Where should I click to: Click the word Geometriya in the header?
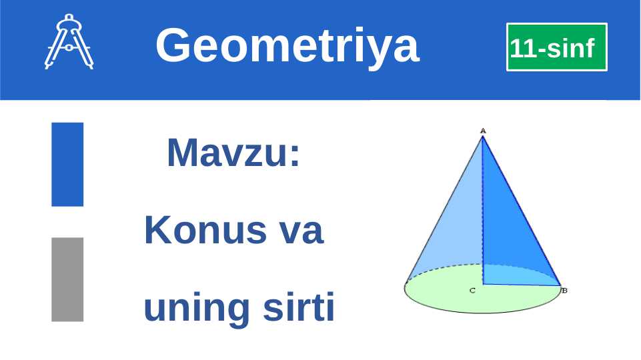coord(287,45)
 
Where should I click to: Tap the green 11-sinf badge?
coord(556,47)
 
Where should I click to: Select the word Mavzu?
coord(233,153)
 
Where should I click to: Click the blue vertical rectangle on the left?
coord(67,164)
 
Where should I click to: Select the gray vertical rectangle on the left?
coord(67,279)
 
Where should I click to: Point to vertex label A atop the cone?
coord(482,130)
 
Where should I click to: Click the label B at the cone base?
coord(564,291)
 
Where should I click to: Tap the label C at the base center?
coord(472,291)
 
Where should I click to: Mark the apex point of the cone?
coord(482,136)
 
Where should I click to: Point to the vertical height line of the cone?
coord(482,220)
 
